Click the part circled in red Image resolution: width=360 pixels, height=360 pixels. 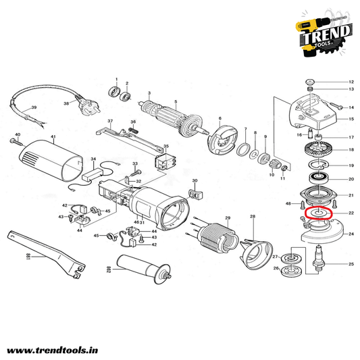(x=318, y=213)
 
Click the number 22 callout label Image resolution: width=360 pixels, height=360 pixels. (x=351, y=213)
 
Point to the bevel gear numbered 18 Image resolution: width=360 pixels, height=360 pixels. (x=319, y=150)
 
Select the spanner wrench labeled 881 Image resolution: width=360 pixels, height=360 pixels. (x=47, y=254)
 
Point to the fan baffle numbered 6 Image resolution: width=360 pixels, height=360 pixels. (x=222, y=140)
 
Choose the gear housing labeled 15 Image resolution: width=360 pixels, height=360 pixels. (x=313, y=112)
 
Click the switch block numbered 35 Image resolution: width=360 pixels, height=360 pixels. (x=165, y=161)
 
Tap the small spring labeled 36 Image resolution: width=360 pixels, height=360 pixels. (x=134, y=130)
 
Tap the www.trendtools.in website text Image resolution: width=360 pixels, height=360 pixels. (x=53, y=351)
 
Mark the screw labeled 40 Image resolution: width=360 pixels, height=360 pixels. (x=16, y=142)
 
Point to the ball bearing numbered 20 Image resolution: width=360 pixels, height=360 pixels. (x=318, y=178)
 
